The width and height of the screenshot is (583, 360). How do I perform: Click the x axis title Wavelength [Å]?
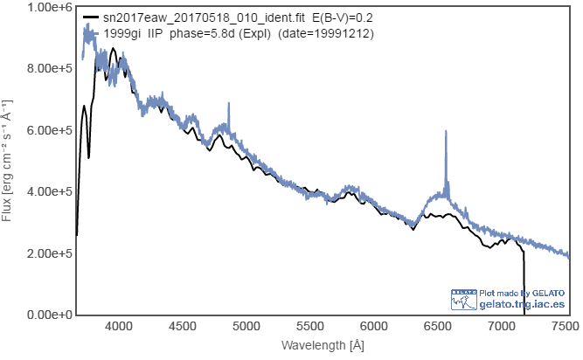(x=323, y=346)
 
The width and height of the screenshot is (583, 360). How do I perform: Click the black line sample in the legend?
(x=90, y=17)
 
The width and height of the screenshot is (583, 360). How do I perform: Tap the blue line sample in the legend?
(x=90, y=32)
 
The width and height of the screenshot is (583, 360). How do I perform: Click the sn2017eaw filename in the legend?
(x=205, y=17)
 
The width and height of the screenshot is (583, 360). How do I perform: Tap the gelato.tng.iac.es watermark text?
(x=522, y=304)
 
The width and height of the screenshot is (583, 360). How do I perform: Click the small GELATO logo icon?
(x=463, y=299)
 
